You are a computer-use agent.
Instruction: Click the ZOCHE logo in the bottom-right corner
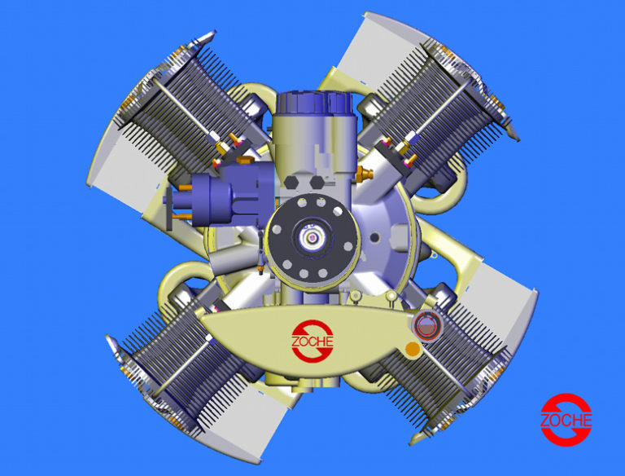pyautogui.click(x=566, y=420)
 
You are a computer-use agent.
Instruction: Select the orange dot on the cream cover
pyautogui.click(x=413, y=349)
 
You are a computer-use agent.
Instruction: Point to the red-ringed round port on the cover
pyautogui.click(x=426, y=328)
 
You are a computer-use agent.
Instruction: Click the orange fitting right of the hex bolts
pyautogui.click(x=364, y=174)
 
